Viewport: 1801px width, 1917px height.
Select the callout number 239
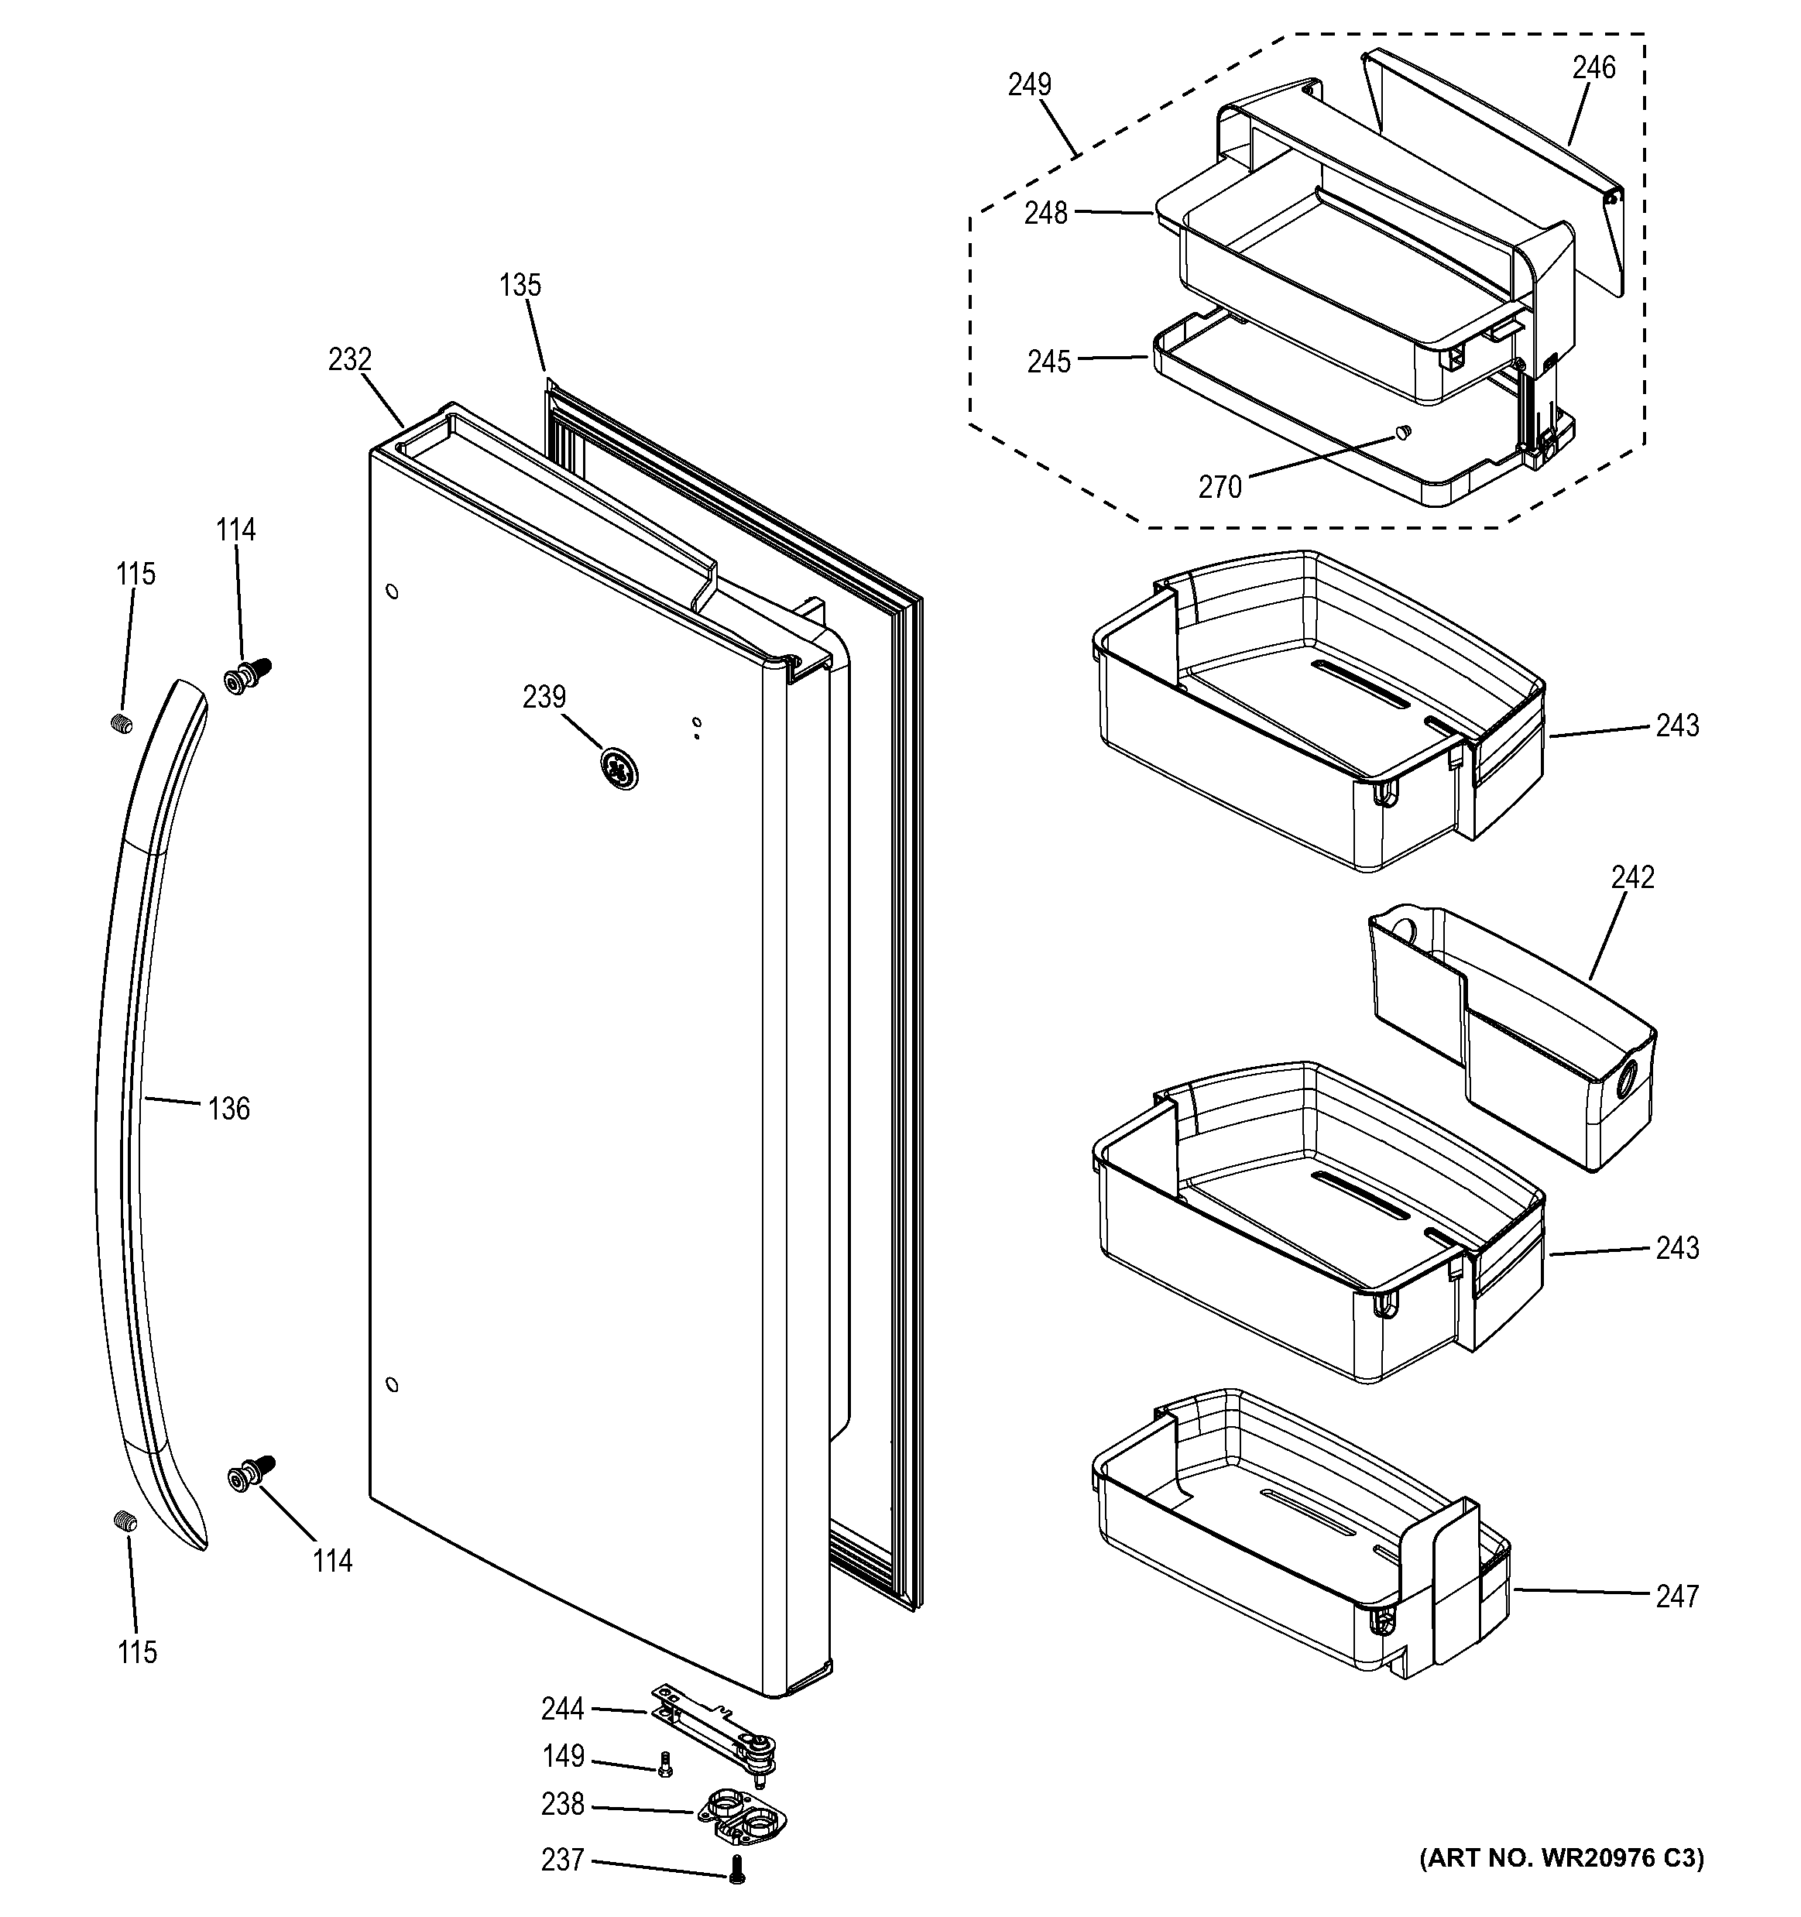544,697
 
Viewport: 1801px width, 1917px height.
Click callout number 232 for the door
349,360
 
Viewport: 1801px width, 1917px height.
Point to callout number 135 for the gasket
520,286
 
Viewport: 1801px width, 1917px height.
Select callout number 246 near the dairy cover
1593,68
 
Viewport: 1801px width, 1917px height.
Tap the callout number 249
1029,85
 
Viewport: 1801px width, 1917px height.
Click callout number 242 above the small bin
1632,877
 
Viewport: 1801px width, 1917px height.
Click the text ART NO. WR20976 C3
1561,1857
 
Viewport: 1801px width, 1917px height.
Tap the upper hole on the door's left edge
392,591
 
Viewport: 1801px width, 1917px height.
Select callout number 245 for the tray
1048,362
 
